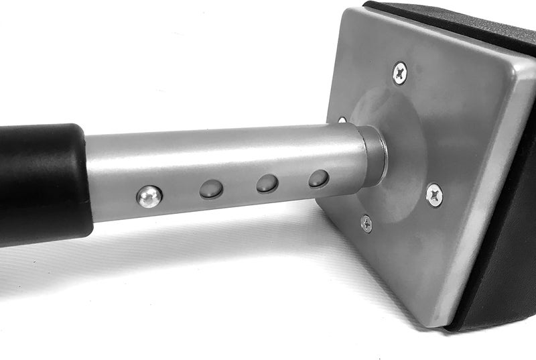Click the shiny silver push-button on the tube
coord(149,196)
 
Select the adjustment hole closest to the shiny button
coord(212,189)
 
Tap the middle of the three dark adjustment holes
coord(267,183)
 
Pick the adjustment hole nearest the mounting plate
coord(319,178)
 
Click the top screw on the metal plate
coord(400,72)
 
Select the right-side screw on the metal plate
coord(434,194)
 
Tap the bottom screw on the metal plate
coord(366,223)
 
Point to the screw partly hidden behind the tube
coord(342,121)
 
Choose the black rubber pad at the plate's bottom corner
coord(496,295)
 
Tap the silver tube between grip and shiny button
coord(114,178)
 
